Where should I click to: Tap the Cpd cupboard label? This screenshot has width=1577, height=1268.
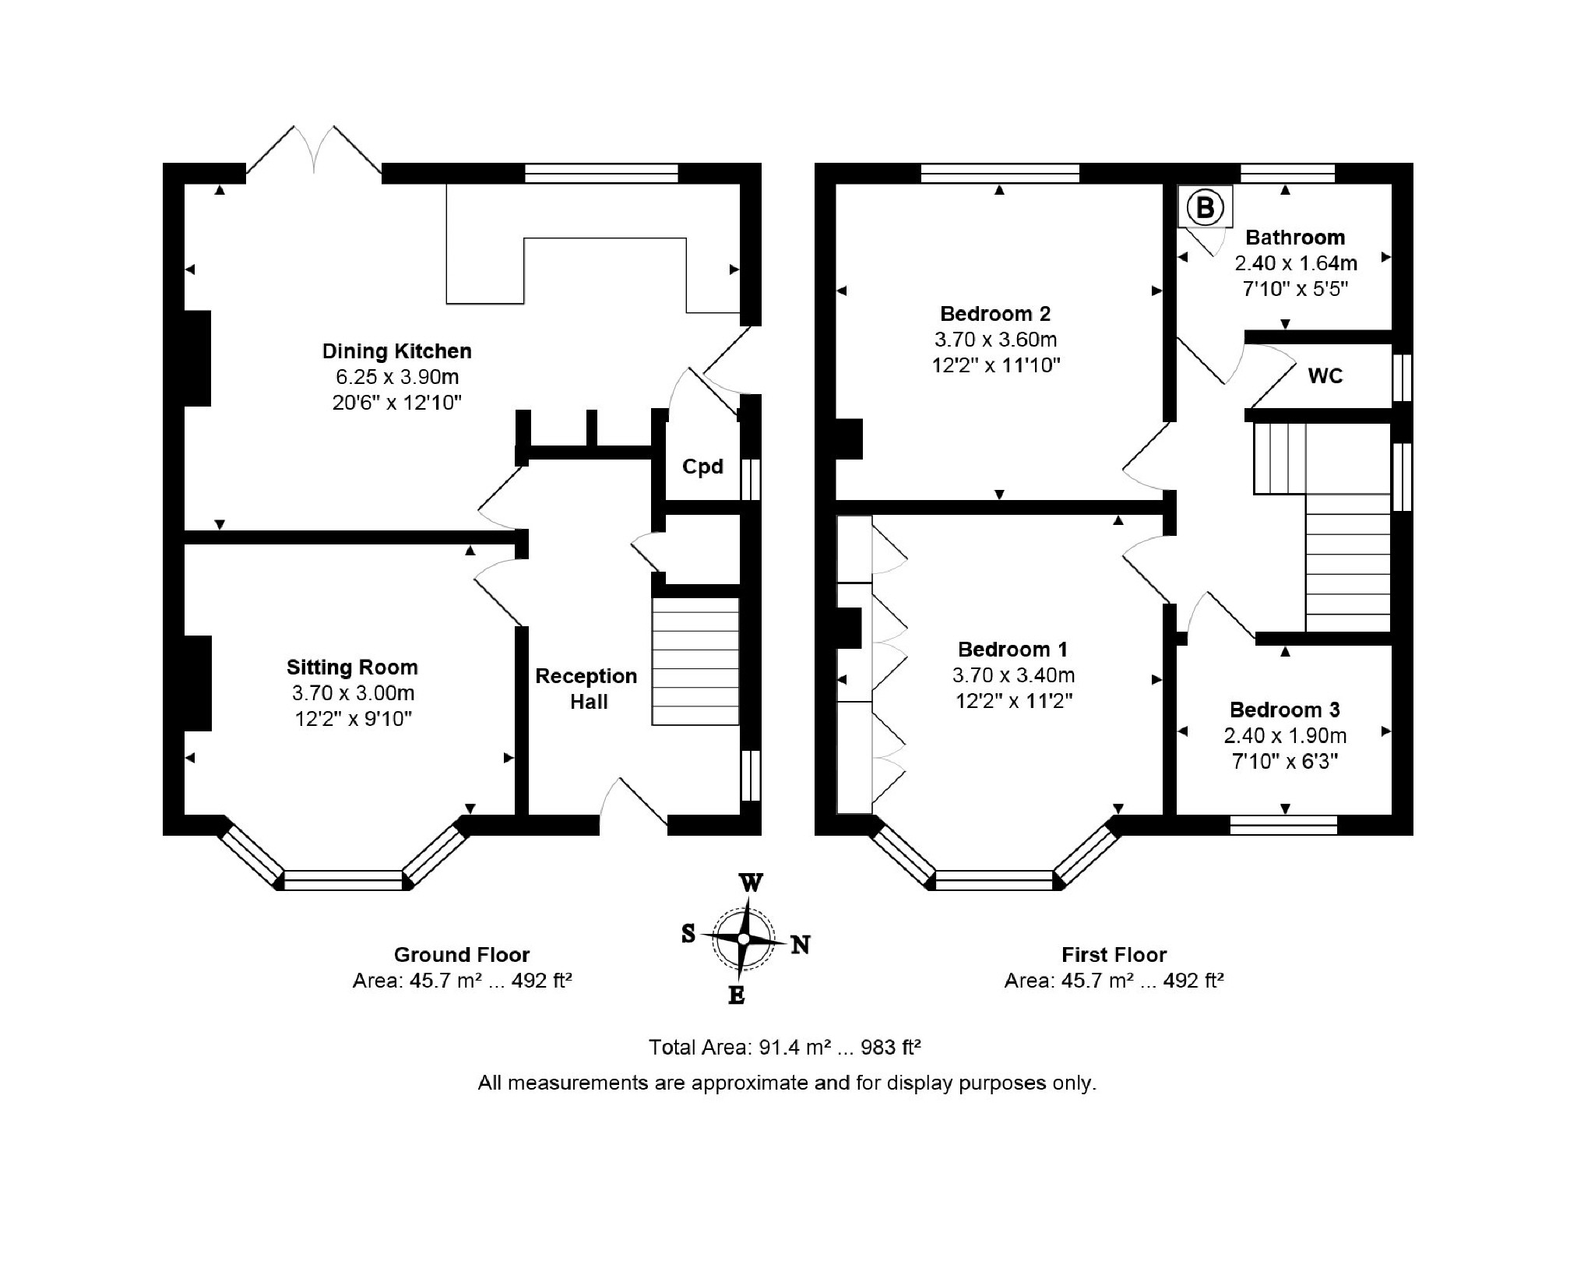[702, 467]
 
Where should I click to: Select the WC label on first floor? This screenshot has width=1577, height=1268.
[1325, 376]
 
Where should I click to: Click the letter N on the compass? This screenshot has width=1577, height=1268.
[801, 945]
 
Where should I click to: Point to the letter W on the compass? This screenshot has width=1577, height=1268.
[750, 882]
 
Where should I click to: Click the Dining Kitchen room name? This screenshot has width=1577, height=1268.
[397, 351]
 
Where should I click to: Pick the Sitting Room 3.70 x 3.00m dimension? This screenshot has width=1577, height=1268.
[353, 692]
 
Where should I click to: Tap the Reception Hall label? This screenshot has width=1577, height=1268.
[587, 689]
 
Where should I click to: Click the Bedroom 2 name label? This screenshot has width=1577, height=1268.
[995, 314]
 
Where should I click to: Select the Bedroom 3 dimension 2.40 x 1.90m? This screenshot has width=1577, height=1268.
[1285, 735]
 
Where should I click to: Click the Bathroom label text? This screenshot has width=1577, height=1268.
[1295, 238]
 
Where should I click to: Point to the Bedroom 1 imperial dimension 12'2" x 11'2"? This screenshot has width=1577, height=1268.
[1014, 701]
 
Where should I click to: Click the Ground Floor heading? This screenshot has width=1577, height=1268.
[462, 955]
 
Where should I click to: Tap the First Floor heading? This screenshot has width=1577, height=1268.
[1114, 955]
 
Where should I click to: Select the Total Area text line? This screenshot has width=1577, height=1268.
[785, 1048]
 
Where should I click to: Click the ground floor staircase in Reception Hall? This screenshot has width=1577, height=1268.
[695, 661]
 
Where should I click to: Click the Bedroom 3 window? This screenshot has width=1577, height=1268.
[1284, 825]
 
